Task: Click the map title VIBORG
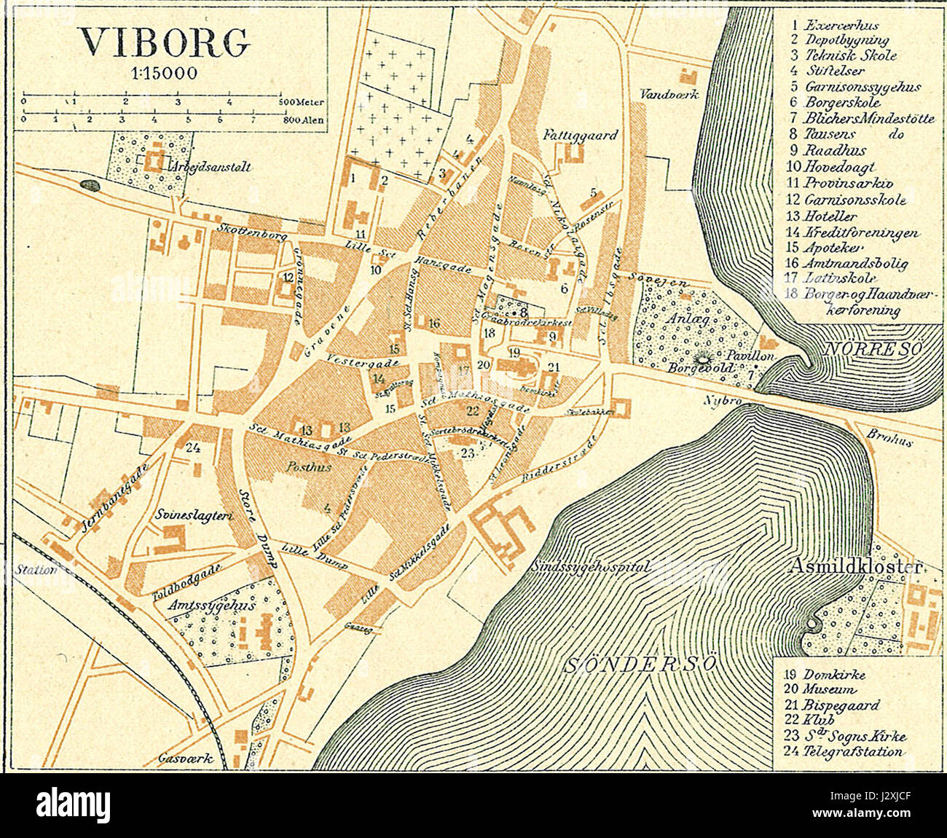164,44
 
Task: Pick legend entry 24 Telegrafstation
844,752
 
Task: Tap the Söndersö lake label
642,664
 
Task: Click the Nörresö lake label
872,349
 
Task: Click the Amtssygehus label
208,605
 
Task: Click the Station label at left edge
35,570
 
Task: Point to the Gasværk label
186,758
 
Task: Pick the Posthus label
309,467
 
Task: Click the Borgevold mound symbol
704,358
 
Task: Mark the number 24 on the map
193,447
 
